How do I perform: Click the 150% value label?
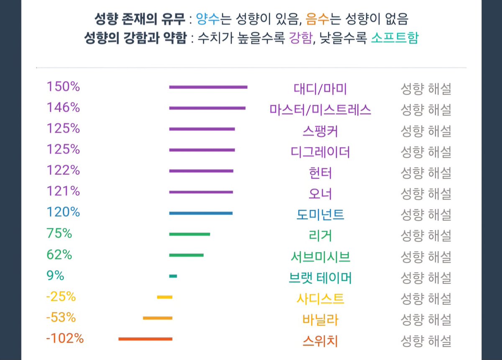point(63,87)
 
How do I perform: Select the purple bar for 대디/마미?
point(208,87)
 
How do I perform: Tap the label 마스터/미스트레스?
point(320,110)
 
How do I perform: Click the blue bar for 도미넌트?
point(200,213)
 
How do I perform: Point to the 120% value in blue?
point(63,212)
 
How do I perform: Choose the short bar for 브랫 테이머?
point(173,276)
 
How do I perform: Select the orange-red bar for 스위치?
point(145,339)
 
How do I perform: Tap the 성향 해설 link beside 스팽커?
point(426,131)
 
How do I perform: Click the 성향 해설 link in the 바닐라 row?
point(426,320)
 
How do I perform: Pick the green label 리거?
point(320,236)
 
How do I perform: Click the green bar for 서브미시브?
point(186,255)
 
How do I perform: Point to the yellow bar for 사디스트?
point(164,297)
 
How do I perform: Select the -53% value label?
point(61,317)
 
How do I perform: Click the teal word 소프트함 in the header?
point(394,38)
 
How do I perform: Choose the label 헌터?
point(320,173)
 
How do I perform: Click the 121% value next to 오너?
point(63,191)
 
